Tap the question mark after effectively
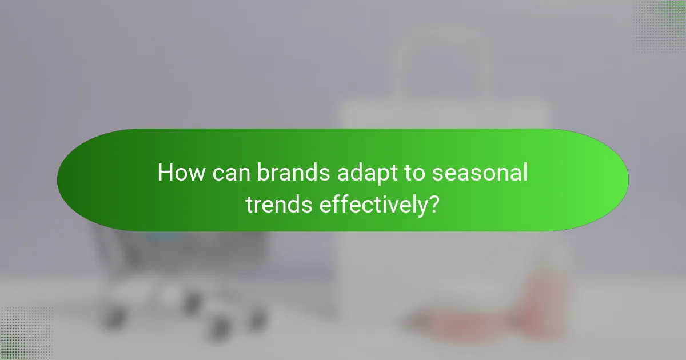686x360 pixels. pos(434,203)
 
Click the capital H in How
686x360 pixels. pos(165,173)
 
